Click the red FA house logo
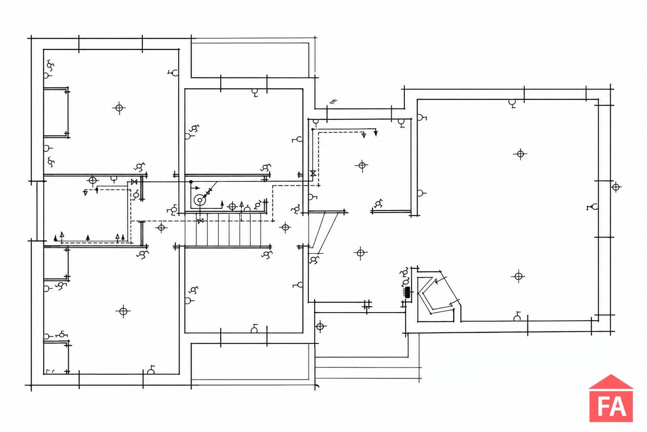(x=611, y=399)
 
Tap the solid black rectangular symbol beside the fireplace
(x=408, y=292)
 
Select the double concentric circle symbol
(x=199, y=200)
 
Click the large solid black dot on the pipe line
(x=191, y=182)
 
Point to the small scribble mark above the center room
(x=334, y=101)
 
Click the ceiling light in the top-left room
(x=119, y=108)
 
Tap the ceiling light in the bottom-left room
(x=123, y=311)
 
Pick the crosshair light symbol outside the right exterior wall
(x=615, y=187)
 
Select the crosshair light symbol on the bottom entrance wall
(x=320, y=326)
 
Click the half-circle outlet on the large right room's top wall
(x=512, y=103)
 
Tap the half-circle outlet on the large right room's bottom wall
(x=517, y=317)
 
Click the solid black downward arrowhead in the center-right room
(x=376, y=133)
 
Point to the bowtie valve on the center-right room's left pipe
(x=313, y=174)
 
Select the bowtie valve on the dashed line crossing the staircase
(x=200, y=221)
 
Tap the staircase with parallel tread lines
(x=228, y=230)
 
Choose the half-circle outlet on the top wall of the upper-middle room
(x=254, y=92)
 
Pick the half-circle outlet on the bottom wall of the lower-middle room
(x=254, y=329)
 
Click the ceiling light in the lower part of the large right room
(x=518, y=277)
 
